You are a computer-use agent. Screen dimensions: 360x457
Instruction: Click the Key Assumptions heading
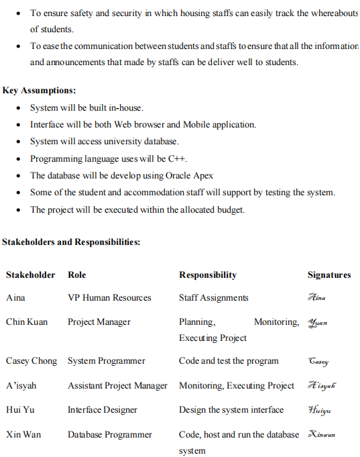pos(39,91)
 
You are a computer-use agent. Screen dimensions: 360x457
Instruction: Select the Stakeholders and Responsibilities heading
pos(71,242)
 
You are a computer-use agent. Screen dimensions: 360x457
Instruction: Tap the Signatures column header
pos(328,274)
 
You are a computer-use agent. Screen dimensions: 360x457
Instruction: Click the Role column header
pos(76,274)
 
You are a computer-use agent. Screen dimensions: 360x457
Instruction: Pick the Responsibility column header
pos(208,274)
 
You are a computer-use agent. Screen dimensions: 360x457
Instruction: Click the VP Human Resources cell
pos(109,297)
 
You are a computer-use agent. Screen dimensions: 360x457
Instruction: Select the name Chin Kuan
pos(27,321)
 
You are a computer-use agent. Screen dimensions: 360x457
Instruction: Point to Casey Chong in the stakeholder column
pos(32,360)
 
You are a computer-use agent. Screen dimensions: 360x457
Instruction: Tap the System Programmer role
pos(106,360)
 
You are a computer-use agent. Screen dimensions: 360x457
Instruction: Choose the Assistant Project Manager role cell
pos(117,385)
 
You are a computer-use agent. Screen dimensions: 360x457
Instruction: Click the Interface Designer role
pos(102,409)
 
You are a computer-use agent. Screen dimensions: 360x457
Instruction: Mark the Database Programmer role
pos(110,434)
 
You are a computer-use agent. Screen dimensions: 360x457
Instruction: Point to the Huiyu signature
pos(319,410)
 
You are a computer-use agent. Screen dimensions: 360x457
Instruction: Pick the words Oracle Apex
pos(190,175)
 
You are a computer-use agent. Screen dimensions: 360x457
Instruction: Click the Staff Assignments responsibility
pos(213,297)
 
